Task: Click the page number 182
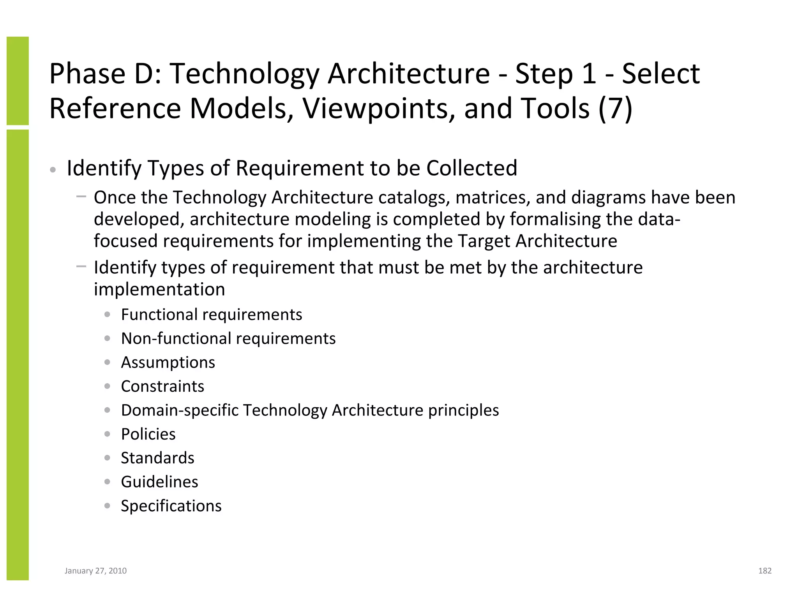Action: click(x=764, y=571)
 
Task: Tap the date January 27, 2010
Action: click(x=95, y=571)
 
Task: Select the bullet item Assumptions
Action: click(x=168, y=363)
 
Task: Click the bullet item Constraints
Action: click(x=162, y=386)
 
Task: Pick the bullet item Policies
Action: click(x=148, y=434)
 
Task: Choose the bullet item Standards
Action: click(x=157, y=458)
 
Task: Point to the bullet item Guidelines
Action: click(x=159, y=482)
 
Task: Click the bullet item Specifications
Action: click(x=171, y=506)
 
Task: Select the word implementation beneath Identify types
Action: click(x=159, y=289)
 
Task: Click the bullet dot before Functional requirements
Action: click(x=108, y=314)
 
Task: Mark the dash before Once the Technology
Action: click(x=81, y=196)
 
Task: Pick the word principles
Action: click(x=463, y=410)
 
